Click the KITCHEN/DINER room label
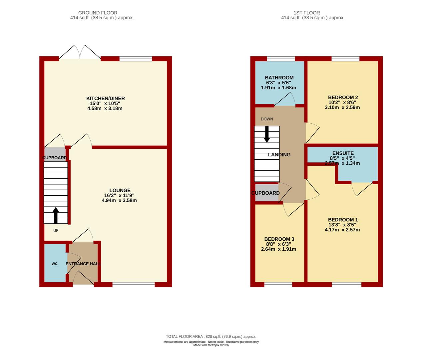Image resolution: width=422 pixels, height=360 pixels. [105, 98]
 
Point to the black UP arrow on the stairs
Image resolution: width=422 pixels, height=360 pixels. [56, 215]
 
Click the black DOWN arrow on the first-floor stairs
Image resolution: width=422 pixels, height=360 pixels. [267, 134]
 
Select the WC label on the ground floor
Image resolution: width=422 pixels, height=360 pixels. [55, 264]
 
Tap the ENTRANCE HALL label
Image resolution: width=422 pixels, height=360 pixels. [83, 264]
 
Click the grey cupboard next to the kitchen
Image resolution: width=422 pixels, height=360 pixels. [55, 154]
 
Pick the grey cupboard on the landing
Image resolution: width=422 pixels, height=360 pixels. [267, 192]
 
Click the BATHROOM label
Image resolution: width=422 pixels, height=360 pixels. [279, 78]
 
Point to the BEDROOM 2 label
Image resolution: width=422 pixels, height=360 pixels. [343, 97]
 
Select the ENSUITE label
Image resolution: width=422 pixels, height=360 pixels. [343, 153]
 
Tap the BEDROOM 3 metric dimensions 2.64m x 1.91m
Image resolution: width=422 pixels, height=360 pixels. [278, 249]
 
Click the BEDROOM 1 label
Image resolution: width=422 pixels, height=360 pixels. [343, 220]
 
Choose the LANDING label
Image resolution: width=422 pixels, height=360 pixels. [279, 155]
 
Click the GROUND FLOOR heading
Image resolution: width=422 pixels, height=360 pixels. [98, 13]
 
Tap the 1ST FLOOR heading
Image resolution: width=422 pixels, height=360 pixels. [307, 13]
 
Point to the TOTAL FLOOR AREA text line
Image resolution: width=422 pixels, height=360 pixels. [211, 337]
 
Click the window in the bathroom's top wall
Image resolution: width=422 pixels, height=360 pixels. [281, 59]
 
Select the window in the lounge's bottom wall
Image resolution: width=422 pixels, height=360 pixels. [134, 285]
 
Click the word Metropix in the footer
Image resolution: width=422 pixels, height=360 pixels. [213, 345]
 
